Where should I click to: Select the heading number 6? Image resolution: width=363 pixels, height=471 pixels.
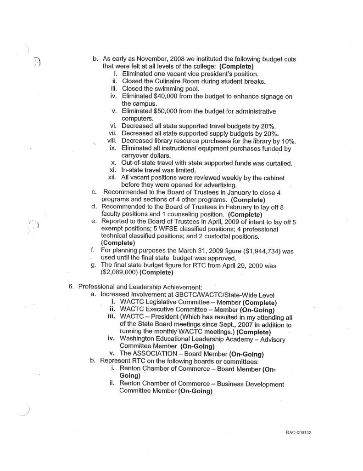[71, 287]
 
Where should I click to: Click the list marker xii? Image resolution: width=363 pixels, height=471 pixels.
[111, 178]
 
